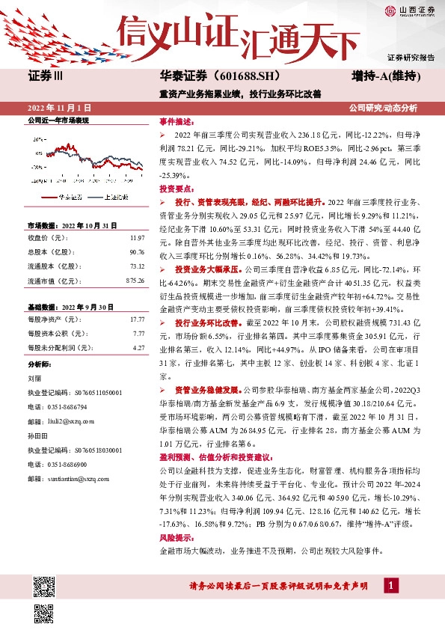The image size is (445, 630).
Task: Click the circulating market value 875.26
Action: (135, 280)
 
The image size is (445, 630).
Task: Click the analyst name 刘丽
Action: (34, 379)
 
